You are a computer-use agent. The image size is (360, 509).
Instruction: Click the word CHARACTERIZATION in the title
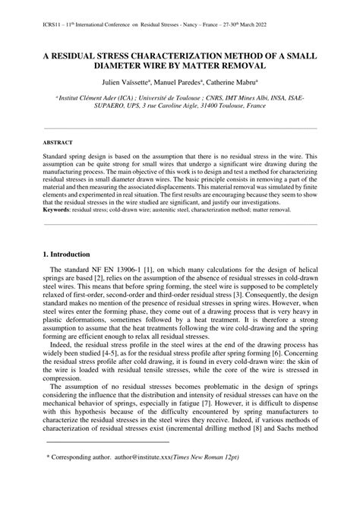[x=190, y=56]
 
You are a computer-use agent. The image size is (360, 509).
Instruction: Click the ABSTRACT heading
[x=58, y=142]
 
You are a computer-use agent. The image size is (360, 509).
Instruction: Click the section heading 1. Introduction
[x=67, y=254]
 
